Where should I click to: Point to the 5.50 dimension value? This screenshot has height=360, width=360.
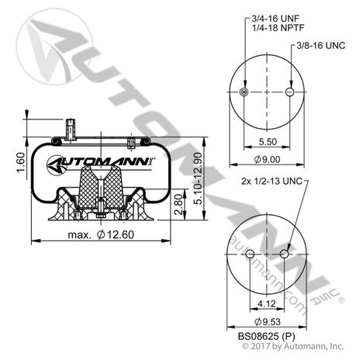click(x=267, y=143)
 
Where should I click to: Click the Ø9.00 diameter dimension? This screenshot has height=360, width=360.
click(x=267, y=160)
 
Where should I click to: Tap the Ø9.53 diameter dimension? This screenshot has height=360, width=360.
click(x=267, y=322)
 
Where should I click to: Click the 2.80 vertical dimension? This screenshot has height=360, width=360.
click(x=179, y=206)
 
